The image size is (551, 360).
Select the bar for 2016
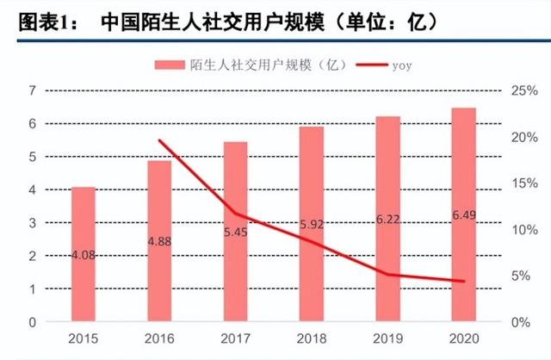[x=159, y=241]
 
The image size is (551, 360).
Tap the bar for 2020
[x=464, y=215]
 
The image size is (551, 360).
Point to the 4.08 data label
[x=83, y=254]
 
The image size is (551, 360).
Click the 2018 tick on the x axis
[x=312, y=340]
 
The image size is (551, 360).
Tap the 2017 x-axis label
[x=236, y=340]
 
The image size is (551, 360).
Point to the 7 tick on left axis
[x=32, y=90]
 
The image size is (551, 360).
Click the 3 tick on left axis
[x=32, y=223]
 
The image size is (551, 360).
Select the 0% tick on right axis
[x=520, y=322]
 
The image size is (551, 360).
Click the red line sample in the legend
[x=366, y=65]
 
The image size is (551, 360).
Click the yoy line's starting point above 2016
[x=160, y=140]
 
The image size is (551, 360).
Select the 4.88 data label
[x=159, y=241]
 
